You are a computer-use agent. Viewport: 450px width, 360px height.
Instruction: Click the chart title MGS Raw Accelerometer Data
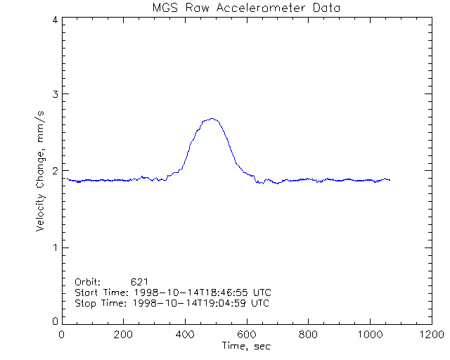click(x=246, y=8)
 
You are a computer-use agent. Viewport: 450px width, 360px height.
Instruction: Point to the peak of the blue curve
click(x=211, y=119)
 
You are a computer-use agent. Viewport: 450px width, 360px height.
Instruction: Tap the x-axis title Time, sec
click(x=246, y=346)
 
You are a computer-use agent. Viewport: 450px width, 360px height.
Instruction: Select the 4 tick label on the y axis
click(x=54, y=20)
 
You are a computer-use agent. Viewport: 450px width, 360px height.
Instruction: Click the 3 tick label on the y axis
click(x=54, y=94)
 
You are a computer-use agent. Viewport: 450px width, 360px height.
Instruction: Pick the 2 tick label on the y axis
click(x=54, y=171)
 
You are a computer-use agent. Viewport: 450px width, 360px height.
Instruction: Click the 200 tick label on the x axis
click(x=123, y=335)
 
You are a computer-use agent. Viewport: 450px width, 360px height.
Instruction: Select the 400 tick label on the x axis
click(x=185, y=335)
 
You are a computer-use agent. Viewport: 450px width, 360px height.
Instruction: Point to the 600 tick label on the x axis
click(x=246, y=335)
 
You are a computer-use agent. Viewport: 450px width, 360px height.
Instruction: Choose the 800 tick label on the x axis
click(x=307, y=335)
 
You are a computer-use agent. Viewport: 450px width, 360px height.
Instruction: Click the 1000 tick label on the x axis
click(x=368, y=335)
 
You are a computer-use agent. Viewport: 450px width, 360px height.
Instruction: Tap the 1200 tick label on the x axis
click(x=430, y=335)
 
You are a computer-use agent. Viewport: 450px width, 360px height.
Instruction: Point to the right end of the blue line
click(x=390, y=180)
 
